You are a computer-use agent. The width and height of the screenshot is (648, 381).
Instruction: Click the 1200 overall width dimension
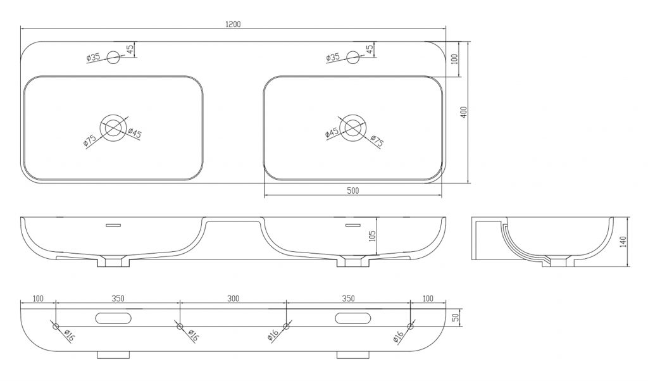click(233, 24)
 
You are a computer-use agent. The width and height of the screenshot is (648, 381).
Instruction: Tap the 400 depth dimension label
click(464, 112)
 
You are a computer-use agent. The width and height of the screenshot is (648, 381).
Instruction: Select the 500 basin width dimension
click(352, 190)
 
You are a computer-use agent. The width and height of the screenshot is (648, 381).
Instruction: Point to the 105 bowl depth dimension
click(372, 242)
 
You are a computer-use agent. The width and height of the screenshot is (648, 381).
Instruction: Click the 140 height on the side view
click(623, 241)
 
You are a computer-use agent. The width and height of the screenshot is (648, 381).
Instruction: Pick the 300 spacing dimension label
click(233, 298)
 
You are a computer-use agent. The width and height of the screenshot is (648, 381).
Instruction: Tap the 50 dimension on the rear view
click(456, 317)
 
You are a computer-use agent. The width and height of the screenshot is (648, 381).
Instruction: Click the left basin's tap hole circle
click(113, 57)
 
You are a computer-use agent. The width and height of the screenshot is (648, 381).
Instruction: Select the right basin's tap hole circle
click(353, 57)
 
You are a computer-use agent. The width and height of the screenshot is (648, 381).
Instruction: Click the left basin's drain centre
click(113, 127)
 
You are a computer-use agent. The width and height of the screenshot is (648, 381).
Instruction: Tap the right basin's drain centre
click(353, 127)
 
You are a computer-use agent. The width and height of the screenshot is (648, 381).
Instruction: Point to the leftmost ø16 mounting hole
click(56, 327)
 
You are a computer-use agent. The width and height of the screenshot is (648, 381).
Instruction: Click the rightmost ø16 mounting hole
click(410, 327)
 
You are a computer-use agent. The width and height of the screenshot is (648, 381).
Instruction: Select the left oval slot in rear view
click(113, 318)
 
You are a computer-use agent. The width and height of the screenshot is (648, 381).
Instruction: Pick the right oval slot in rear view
click(353, 318)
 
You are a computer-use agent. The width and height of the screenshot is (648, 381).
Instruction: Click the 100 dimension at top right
click(455, 59)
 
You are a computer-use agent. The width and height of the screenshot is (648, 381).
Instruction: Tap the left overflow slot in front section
click(113, 225)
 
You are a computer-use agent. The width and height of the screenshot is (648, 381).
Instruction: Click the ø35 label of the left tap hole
click(94, 57)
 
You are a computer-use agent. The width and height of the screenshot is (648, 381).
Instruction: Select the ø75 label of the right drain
click(377, 141)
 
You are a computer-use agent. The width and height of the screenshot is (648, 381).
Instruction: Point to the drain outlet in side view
click(558, 262)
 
